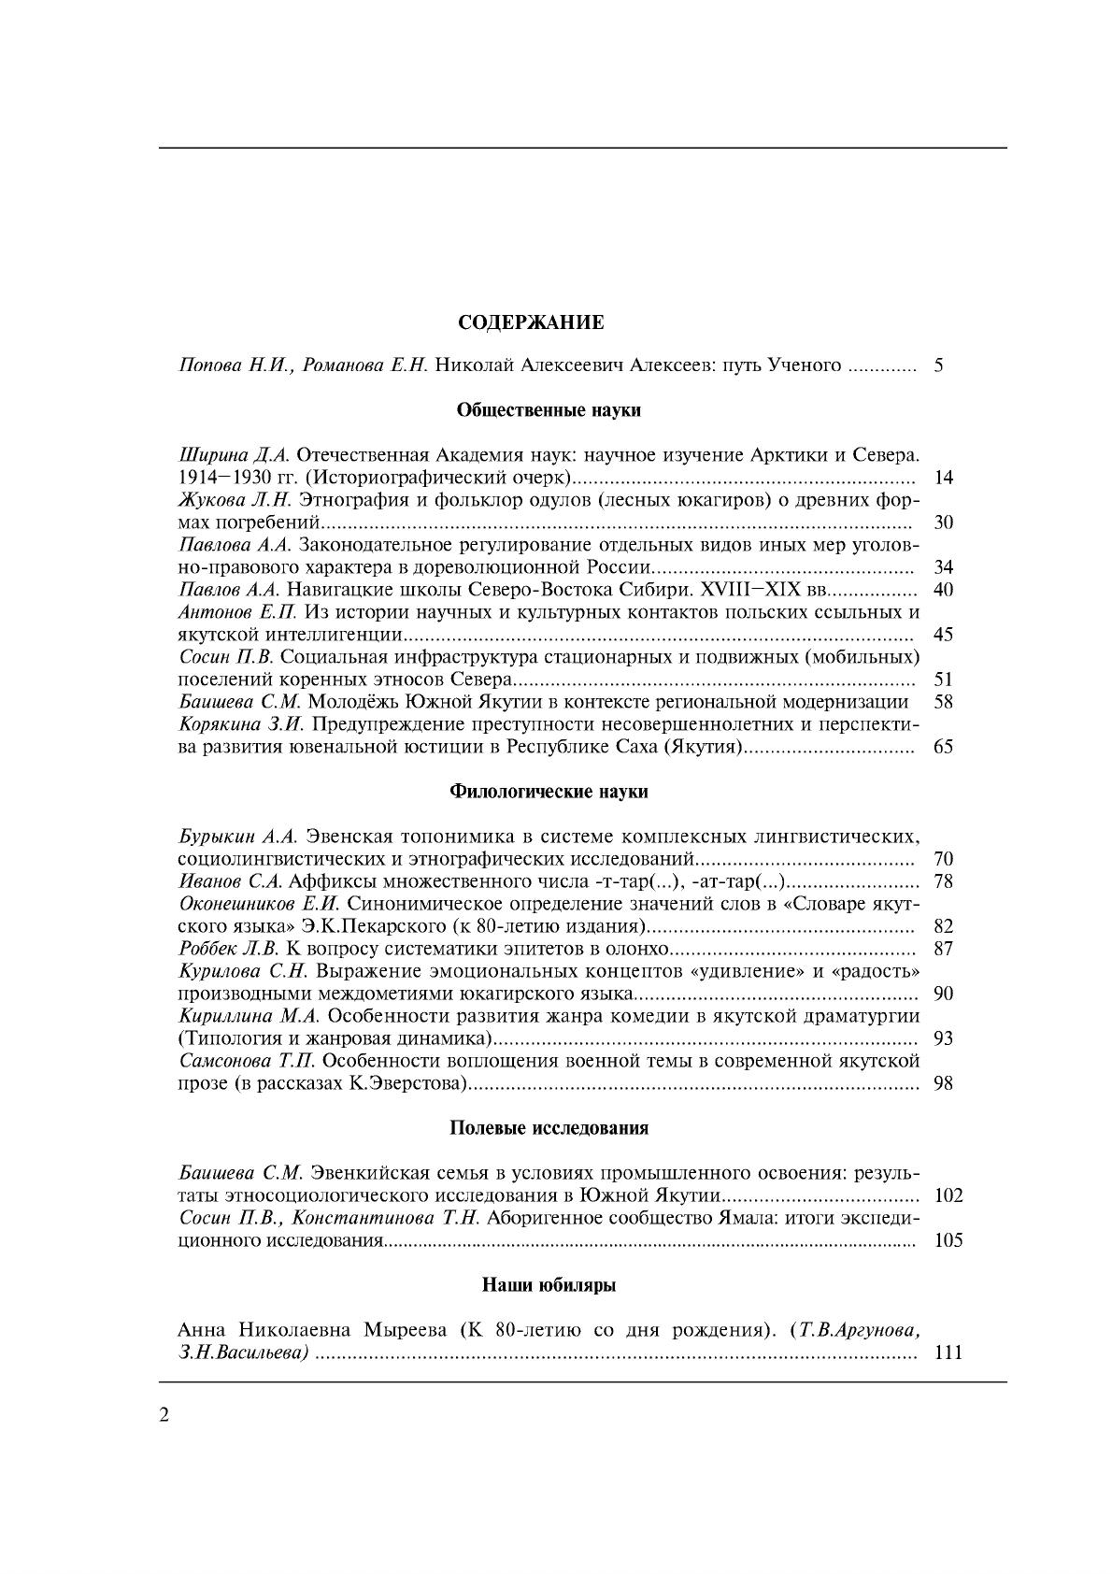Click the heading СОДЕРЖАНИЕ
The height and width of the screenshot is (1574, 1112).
click(531, 322)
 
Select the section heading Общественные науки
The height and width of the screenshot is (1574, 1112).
click(549, 409)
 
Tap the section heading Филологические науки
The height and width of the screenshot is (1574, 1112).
click(549, 791)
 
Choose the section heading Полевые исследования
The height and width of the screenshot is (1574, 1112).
click(549, 1127)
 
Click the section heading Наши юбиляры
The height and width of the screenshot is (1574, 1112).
click(549, 1284)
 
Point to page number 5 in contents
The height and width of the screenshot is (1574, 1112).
click(937, 365)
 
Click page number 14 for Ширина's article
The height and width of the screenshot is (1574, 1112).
click(943, 478)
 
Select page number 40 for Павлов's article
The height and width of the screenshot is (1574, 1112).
click(943, 590)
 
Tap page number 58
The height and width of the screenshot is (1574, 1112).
click(943, 702)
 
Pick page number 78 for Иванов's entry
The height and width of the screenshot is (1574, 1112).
click(943, 881)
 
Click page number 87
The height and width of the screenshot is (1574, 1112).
click(943, 949)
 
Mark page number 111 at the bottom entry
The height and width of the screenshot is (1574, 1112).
click(948, 1352)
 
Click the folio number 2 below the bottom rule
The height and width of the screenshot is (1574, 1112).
click(165, 1415)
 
